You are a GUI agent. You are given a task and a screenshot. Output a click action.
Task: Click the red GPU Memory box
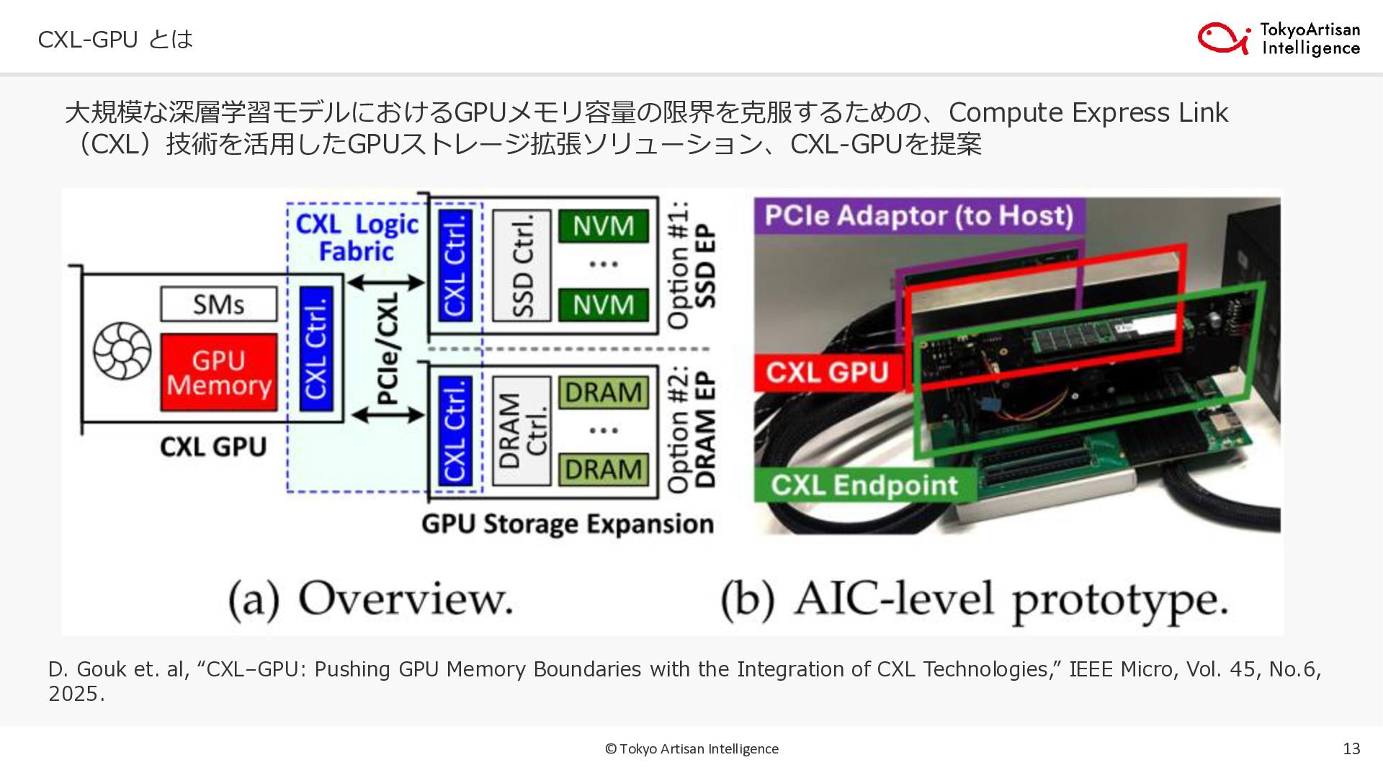click(x=218, y=372)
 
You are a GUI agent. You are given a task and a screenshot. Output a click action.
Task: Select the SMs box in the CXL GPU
click(x=218, y=304)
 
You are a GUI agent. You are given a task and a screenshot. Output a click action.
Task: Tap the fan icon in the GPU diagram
click(x=122, y=351)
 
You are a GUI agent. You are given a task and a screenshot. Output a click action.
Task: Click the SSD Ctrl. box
click(x=522, y=265)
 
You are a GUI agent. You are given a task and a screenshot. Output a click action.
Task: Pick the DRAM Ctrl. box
click(x=522, y=430)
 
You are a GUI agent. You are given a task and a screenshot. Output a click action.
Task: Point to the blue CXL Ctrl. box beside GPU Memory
click(x=316, y=349)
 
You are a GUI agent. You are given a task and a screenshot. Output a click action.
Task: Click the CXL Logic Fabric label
click(x=357, y=238)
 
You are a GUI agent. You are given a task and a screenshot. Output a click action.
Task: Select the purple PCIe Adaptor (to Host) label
click(x=919, y=215)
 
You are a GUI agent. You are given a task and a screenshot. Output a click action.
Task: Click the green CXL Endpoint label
click(x=864, y=485)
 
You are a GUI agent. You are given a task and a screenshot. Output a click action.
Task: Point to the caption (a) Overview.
click(x=371, y=599)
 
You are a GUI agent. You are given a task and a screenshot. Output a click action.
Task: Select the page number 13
click(x=1351, y=748)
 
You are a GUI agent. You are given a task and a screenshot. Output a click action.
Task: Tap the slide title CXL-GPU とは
click(x=115, y=39)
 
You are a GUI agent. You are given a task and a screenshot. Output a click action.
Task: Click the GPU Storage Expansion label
click(x=568, y=524)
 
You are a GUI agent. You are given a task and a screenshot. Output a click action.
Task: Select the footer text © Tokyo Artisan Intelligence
click(x=691, y=748)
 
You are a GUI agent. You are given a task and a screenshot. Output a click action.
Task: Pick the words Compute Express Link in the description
click(x=1088, y=112)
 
